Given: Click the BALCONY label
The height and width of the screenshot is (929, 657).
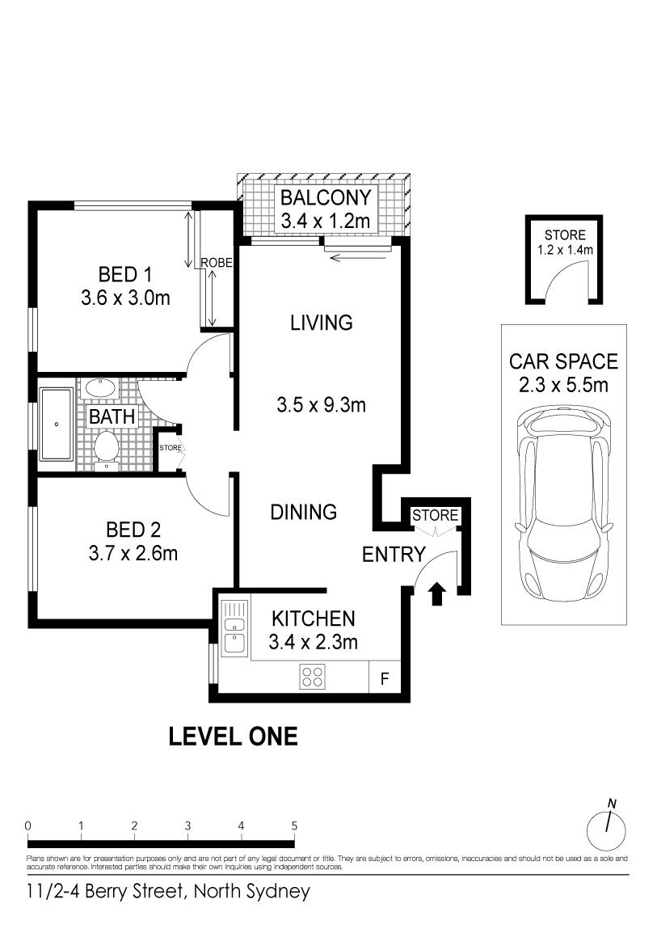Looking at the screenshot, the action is (x=325, y=197).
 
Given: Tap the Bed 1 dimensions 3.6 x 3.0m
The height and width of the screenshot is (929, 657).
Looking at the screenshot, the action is (x=125, y=298).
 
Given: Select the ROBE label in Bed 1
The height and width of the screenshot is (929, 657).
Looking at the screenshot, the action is (x=217, y=263).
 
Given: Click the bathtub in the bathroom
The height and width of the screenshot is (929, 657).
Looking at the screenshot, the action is (x=57, y=424).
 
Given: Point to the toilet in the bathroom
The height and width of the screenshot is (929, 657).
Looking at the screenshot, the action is (x=107, y=450).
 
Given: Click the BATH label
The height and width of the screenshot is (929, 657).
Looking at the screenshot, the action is (x=112, y=417).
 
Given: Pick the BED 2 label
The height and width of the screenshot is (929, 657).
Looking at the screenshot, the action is (x=133, y=530).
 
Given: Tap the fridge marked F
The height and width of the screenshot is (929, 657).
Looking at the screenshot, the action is (x=385, y=678).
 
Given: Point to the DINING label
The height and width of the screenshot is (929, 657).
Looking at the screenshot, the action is (x=303, y=512).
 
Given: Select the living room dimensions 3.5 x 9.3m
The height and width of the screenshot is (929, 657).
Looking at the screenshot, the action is (x=321, y=405).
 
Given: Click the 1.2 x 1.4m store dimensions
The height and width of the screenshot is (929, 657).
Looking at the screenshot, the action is (x=565, y=250).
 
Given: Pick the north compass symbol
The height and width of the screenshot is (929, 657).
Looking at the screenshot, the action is (x=606, y=827).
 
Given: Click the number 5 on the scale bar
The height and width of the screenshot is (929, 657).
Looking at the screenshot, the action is (x=294, y=826).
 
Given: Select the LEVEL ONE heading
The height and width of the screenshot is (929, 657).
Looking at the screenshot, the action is (x=234, y=737).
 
